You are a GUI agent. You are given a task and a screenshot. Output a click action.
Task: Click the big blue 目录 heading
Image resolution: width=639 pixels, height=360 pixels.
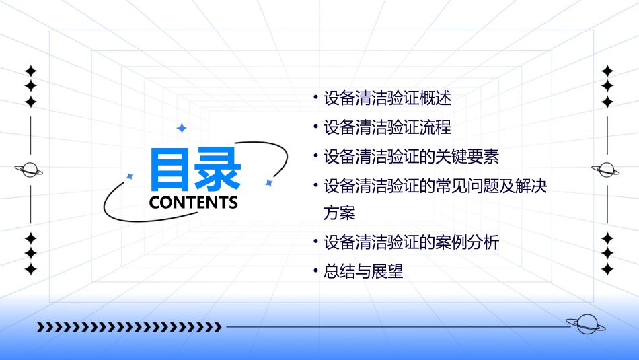click(x=194, y=170)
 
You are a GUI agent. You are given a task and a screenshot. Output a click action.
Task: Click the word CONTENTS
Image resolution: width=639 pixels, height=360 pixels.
click(x=194, y=203)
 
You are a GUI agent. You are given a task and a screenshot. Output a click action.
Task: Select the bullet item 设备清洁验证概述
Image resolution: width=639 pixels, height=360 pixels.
click(x=387, y=98)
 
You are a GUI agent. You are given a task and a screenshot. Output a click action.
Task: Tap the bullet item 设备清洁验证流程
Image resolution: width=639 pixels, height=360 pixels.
click(x=387, y=127)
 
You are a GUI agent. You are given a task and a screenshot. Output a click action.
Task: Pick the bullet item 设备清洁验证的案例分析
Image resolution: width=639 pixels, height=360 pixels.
click(x=411, y=242)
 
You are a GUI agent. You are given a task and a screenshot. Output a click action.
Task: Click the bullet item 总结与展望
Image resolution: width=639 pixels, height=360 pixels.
click(x=363, y=272)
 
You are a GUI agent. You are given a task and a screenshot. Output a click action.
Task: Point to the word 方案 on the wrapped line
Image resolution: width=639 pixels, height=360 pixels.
click(x=339, y=213)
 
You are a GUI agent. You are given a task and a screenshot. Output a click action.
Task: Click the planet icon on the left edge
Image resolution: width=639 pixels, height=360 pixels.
click(x=30, y=170)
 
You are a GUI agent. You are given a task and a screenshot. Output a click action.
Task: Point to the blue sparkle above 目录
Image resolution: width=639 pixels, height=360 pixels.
click(x=181, y=128)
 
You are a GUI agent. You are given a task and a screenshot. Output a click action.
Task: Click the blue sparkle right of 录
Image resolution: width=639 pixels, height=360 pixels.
click(x=268, y=182)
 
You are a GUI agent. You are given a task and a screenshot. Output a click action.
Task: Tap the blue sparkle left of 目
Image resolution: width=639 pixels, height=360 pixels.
click(x=130, y=176)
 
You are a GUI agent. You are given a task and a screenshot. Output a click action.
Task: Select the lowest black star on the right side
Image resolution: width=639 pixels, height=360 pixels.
click(x=607, y=269)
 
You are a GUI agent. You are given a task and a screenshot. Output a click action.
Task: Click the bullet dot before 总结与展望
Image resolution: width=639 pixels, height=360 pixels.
click(x=315, y=271)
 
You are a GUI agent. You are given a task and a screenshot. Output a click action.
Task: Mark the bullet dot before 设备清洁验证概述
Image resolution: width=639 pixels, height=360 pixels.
click(x=315, y=98)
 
